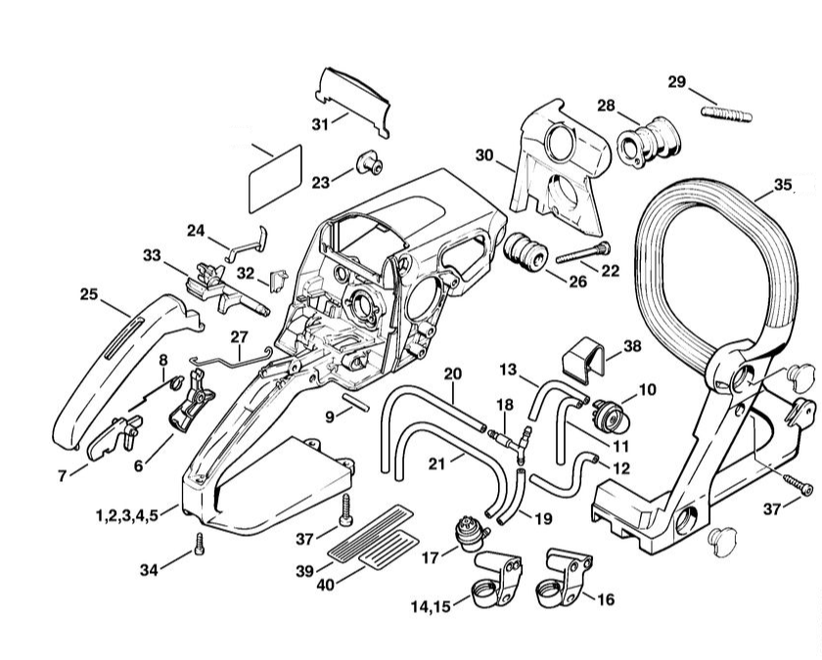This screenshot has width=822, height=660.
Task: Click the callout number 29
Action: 676,81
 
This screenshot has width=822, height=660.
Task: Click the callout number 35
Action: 782,184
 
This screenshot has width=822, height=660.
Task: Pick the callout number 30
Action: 484,154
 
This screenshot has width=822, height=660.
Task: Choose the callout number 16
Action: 605,599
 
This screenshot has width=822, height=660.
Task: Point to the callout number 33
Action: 151,255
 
